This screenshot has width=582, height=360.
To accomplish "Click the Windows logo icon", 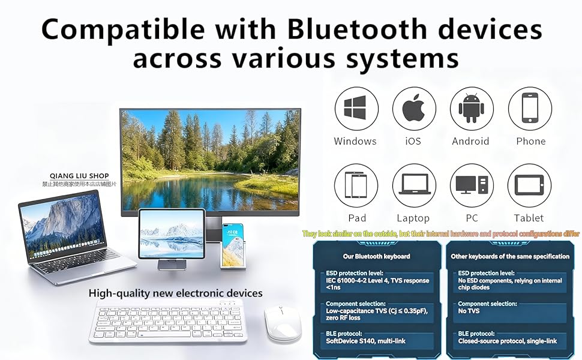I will (356, 109).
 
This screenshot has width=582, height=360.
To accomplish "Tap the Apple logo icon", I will (414, 109).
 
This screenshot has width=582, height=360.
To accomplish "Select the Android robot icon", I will (472, 109).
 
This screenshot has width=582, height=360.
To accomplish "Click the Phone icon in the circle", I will (530, 109).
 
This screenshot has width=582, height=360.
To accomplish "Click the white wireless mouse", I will (283, 325).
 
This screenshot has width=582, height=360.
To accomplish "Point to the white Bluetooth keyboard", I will (168, 323).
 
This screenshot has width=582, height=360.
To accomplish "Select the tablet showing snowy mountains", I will (172, 233).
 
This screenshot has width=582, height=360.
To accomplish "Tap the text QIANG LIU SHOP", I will (79, 176).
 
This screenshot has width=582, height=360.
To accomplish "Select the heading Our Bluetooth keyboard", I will (376, 256).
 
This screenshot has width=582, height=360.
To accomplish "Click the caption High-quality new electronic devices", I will (175, 293).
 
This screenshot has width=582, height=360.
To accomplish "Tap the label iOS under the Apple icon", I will (413, 142).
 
